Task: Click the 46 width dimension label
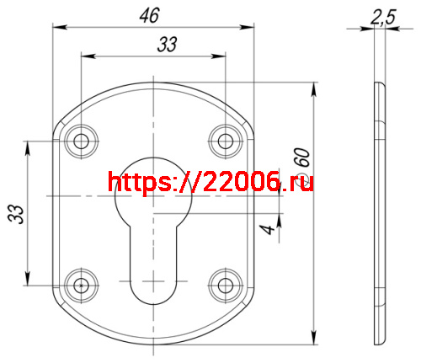tap(155, 14)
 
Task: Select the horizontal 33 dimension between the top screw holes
tap(168, 45)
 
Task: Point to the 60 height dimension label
tap(302, 158)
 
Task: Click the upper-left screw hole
tap(82, 140)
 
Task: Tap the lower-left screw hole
tap(82, 283)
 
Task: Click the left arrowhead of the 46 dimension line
tap(57, 28)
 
